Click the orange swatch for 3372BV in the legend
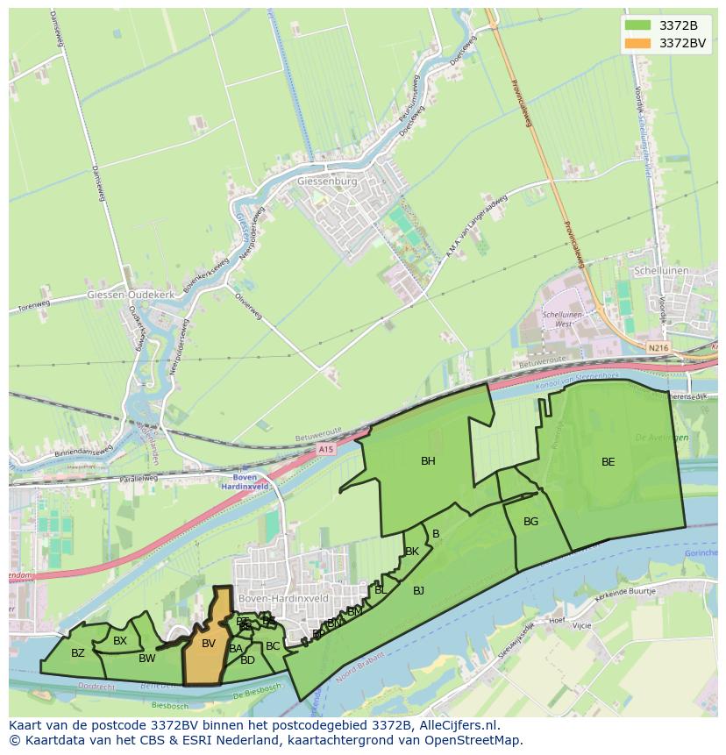coord(637,43)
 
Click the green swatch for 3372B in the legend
coord(637,25)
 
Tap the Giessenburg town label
coord(328,182)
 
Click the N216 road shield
coord(658,348)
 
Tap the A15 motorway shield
coord(326,449)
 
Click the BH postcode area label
coord(428,461)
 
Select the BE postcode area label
coord(608,462)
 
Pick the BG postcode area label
coord(530,522)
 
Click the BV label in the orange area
coord(208,644)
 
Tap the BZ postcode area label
coord(78,653)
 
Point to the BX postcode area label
coord(120,641)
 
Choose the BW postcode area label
coord(146,659)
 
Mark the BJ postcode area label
coord(418,591)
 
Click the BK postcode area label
coord(411,552)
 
